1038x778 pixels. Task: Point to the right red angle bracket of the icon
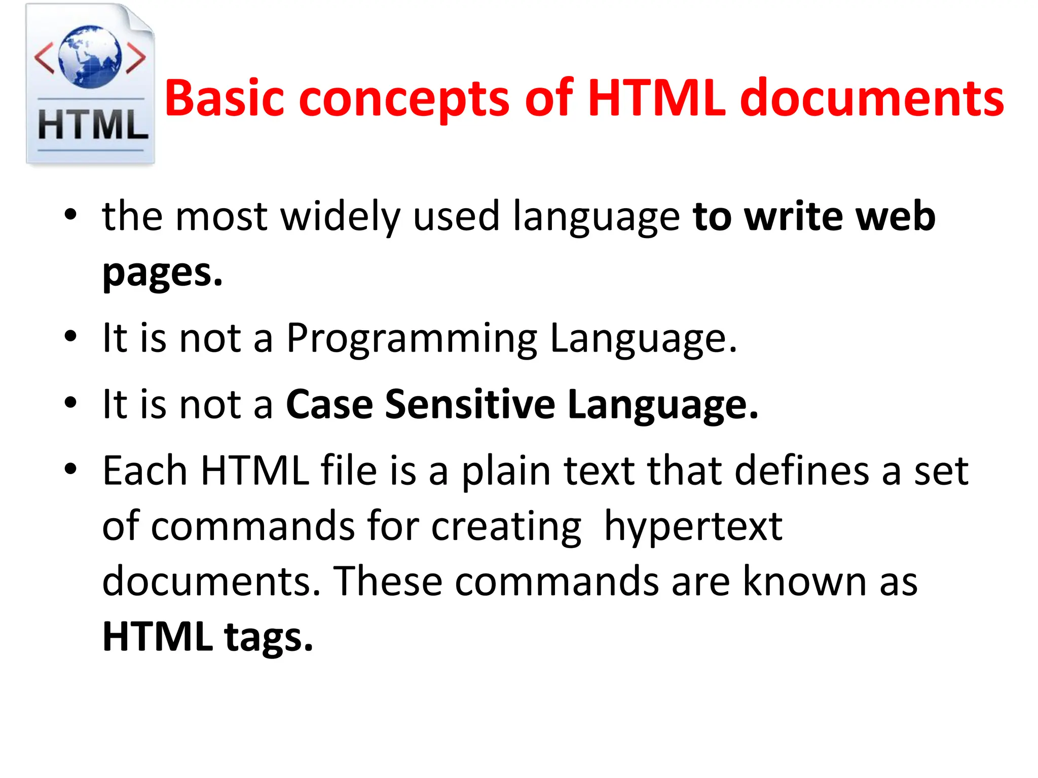click(136, 58)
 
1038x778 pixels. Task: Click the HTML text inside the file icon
click(93, 125)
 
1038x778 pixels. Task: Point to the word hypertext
click(693, 527)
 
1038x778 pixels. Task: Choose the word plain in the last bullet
click(506, 471)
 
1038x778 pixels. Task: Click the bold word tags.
click(269, 637)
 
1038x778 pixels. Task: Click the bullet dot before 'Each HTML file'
click(70, 469)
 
